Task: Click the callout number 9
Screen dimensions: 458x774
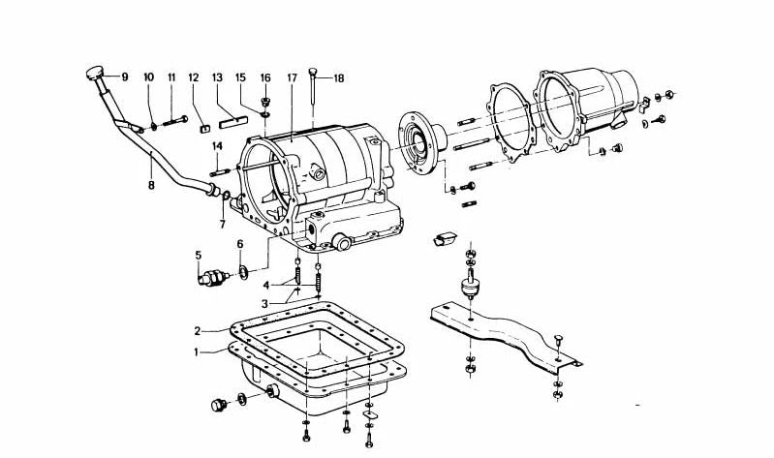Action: click(x=124, y=76)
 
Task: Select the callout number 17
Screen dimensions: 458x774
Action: click(x=292, y=76)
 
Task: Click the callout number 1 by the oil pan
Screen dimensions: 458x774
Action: click(x=197, y=352)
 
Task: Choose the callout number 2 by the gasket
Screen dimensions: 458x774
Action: click(x=197, y=330)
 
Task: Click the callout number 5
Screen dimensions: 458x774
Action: click(x=198, y=256)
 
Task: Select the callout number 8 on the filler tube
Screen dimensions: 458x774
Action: click(x=150, y=182)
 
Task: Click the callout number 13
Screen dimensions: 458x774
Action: click(x=217, y=76)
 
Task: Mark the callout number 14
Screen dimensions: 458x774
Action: click(x=217, y=146)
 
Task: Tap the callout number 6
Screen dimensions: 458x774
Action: click(x=239, y=244)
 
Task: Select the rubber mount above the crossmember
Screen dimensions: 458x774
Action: click(x=471, y=287)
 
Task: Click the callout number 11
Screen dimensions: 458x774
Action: click(x=171, y=76)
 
